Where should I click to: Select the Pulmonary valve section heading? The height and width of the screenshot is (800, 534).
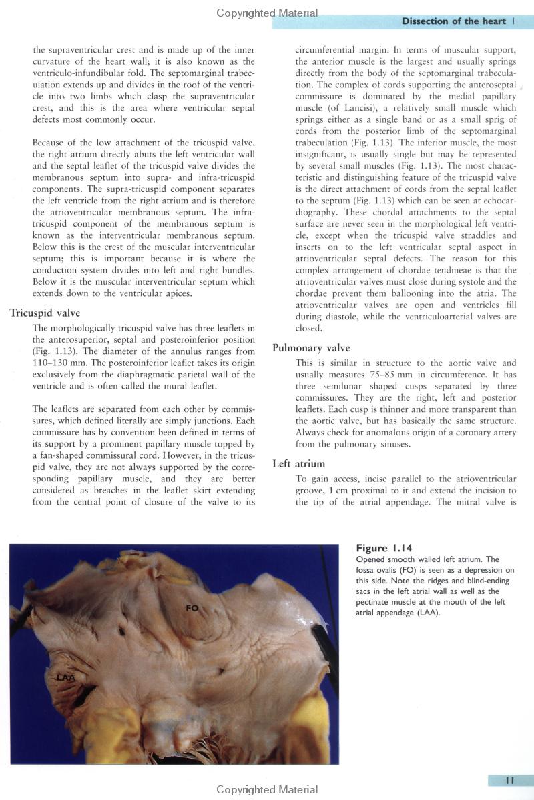pos(311,348)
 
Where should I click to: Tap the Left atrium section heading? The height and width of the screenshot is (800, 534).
pos(298,463)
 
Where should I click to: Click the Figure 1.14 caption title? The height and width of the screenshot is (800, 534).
pos(384,548)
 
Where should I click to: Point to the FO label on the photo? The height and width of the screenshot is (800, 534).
pos(192,607)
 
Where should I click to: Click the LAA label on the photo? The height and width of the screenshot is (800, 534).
pos(65,678)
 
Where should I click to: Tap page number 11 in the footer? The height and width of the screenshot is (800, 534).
pos(509,781)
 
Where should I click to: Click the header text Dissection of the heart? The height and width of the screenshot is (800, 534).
pos(453,21)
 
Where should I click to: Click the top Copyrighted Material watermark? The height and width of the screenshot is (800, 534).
pos(267,13)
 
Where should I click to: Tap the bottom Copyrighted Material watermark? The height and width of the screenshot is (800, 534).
pos(267,790)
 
